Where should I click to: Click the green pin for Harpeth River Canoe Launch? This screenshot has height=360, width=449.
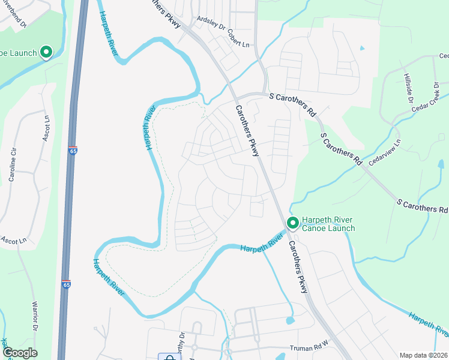click(292, 223)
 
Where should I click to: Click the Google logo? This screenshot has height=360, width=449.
click(20, 353)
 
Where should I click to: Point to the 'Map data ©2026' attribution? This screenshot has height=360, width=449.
click(424, 355)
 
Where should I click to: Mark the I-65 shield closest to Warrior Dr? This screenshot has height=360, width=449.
click(65, 284)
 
